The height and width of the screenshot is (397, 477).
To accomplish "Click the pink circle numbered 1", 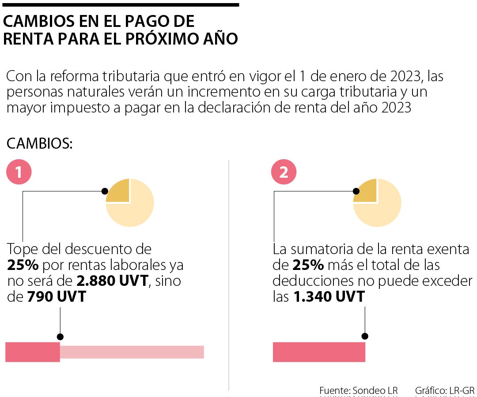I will point(19,172).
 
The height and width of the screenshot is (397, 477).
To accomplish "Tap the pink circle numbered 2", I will point(284,172).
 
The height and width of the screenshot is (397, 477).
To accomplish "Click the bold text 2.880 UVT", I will point(112,281).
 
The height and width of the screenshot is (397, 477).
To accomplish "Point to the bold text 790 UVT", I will point(57,297).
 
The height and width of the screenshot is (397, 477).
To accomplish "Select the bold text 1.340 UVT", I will point(329,297).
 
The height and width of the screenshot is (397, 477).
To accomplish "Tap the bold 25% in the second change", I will point(308,265).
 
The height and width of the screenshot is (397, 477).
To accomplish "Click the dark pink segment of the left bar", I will point(32,352).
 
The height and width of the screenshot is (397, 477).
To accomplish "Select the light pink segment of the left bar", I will point(132,352).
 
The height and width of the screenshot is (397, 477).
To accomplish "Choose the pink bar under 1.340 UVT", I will point(319,352).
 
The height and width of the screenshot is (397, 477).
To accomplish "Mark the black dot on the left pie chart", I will point(105,191).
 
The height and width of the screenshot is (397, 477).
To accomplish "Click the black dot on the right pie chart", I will point(356,191).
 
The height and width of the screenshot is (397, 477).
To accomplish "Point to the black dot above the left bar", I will point(60,336).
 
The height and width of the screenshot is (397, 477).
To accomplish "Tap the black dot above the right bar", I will point(365,336).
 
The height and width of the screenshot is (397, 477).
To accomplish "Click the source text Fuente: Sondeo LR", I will point(358,390).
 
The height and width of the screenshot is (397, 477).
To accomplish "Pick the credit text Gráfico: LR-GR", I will point(444,390).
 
